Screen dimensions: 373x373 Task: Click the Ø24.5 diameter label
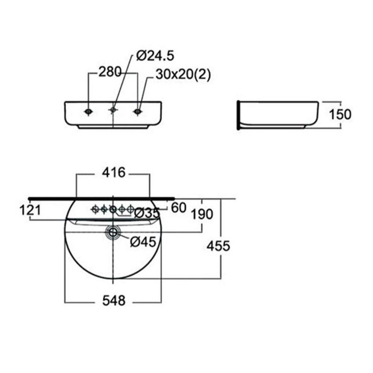tap(155, 56)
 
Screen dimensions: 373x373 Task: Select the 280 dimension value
tap(110, 72)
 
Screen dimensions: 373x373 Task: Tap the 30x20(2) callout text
tap(183, 75)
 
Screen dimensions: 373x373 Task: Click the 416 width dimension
tap(113, 173)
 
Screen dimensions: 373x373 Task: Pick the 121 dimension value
tap(30, 210)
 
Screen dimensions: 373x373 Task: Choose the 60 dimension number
tap(179, 208)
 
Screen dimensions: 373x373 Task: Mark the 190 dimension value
tap(202, 214)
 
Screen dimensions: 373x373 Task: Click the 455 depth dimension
tap(218, 246)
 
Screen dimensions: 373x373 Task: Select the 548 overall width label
tap(114, 301)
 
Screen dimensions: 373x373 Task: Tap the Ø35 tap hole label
tap(147, 213)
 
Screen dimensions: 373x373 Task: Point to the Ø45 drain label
tap(143, 242)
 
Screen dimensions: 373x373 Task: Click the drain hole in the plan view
tap(113, 232)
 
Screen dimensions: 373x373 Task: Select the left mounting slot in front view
tap(88, 111)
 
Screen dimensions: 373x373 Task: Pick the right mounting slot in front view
tap(137, 111)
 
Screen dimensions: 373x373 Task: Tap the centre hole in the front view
tap(113, 110)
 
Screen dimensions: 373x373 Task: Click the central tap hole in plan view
tap(113, 209)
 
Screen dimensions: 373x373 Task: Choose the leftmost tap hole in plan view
tap(95, 209)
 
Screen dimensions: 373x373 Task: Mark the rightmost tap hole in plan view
tap(130, 209)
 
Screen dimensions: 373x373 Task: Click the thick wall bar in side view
tap(238, 115)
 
